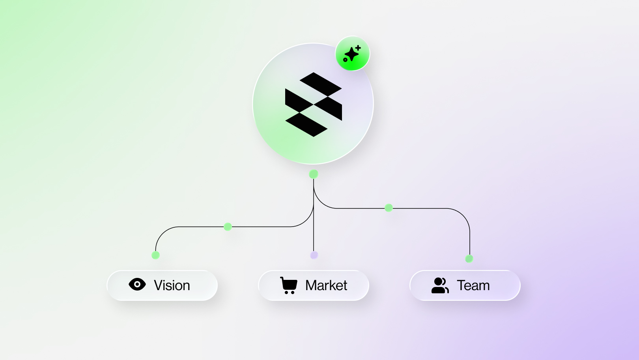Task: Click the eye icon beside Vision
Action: pyautogui.click(x=137, y=284)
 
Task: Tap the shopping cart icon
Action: pyautogui.click(x=289, y=285)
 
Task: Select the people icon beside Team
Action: pyautogui.click(x=440, y=285)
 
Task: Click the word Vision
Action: pyautogui.click(x=172, y=285)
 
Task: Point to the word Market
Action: pyautogui.click(x=326, y=285)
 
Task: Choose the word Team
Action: pyautogui.click(x=473, y=285)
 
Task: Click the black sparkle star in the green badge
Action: pyautogui.click(x=351, y=54)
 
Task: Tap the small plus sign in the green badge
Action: pyautogui.click(x=358, y=48)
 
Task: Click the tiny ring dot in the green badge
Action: pyautogui.click(x=345, y=60)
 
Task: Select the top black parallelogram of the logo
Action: pyautogui.click(x=321, y=84)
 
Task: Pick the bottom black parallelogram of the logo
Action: pyautogui.click(x=306, y=125)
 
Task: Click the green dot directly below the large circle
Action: pyautogui.click(x=314, y=174)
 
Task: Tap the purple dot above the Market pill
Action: pyautogui.click(x=314, y=255)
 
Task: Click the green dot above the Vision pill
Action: pyautogui.click(x=155, y=255)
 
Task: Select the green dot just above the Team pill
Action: pyautogui.click(x=469, y=259)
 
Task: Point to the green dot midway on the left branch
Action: pyautogui.click(x=228, y=227)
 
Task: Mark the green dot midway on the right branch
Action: pyautogui.click(x=389, y=208)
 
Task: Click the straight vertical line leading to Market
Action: pyautogui.click(x=314, y=215)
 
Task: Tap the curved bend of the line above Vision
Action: pyautogui.click(x=162, y=233)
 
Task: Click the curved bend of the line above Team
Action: pyautogui.click(x=463, y=215)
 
